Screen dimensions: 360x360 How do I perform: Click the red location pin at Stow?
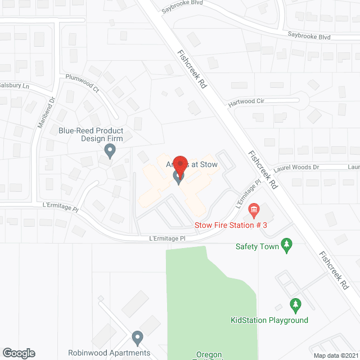point(180,164)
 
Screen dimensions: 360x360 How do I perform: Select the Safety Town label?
point(258,246)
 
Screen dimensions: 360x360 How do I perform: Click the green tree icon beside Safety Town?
point(287,245)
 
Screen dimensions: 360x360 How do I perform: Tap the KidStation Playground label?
point(269,321)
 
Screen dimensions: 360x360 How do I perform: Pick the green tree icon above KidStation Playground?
point(295,306)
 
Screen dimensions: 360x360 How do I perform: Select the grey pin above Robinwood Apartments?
point(137,338)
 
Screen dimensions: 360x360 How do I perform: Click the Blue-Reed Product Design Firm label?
point(91,134)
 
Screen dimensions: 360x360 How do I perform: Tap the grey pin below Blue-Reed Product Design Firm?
point(110,151)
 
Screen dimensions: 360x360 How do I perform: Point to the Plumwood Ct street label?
point(82,83)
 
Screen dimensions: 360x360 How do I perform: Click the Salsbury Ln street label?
point(14,86)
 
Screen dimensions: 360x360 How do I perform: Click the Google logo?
point(19,353)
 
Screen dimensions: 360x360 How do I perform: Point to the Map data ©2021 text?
point(335,355)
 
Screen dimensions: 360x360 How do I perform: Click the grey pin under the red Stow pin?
point(179,178)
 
